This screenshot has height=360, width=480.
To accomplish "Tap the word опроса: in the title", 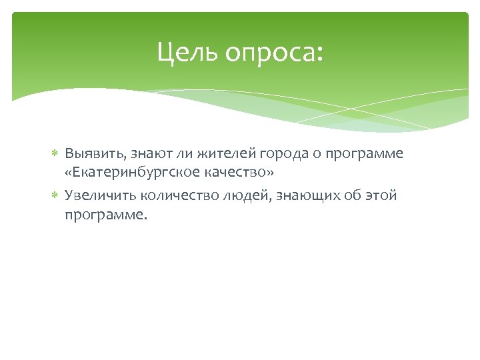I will click(x=273, y=53).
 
